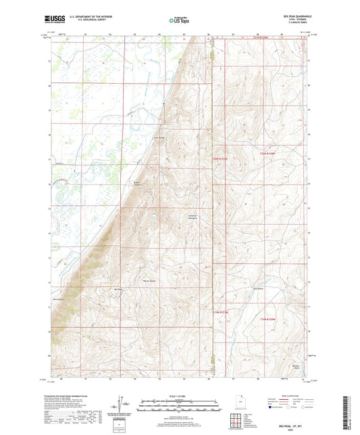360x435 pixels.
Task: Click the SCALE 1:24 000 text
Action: click(x=179, y=396)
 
